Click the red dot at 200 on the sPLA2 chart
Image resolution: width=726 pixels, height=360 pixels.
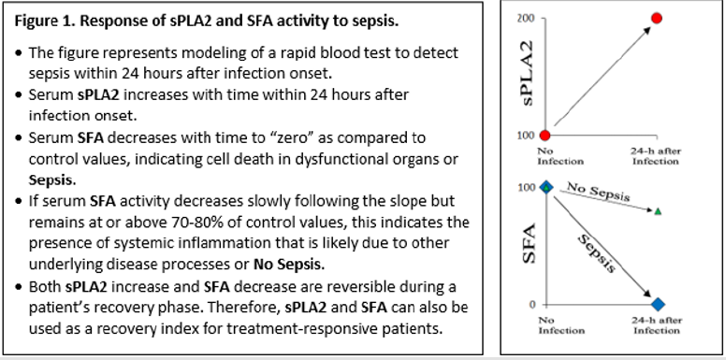tap(657, 18)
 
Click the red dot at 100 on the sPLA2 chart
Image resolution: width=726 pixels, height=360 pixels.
tap(545, 137)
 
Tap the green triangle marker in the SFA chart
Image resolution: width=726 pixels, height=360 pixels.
tap(658, 211)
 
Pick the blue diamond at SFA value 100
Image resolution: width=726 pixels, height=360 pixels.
tap(545, 187)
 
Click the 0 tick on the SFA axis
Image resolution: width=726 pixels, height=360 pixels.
tap(530, 305)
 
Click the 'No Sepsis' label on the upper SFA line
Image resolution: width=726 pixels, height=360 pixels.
tap(599, 193)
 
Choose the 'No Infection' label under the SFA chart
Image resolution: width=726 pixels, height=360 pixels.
tap(546, 324)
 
